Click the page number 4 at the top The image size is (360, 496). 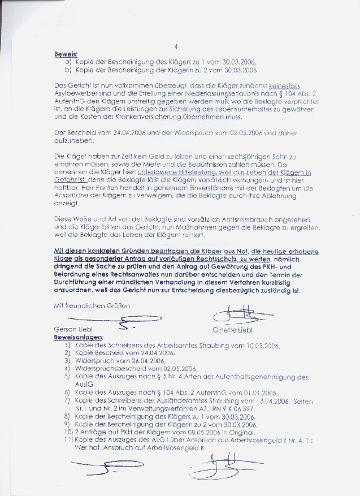click(176, 47)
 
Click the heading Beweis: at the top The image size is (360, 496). click(66, 55)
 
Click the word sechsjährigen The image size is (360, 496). click(226, 156)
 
